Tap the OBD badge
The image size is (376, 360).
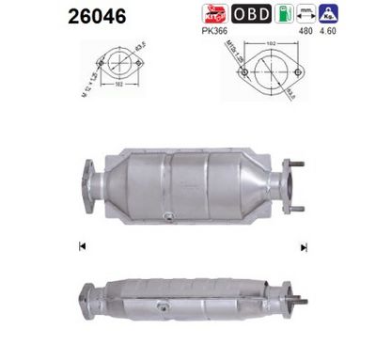pyautogui.click(x=251, y=13)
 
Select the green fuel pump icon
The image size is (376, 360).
pyautogui.click(x=283, y=13)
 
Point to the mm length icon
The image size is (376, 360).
pyautogui.click(x=305, y=13)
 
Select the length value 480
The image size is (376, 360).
pyautogui.click(x=305, y=30)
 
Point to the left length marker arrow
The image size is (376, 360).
pyautogui.click(x=83, y=247)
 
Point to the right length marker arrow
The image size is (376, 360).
pyautogui.click(x=303, y=247)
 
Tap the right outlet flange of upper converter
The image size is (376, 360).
pyautogui.click(x=290, y=184)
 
